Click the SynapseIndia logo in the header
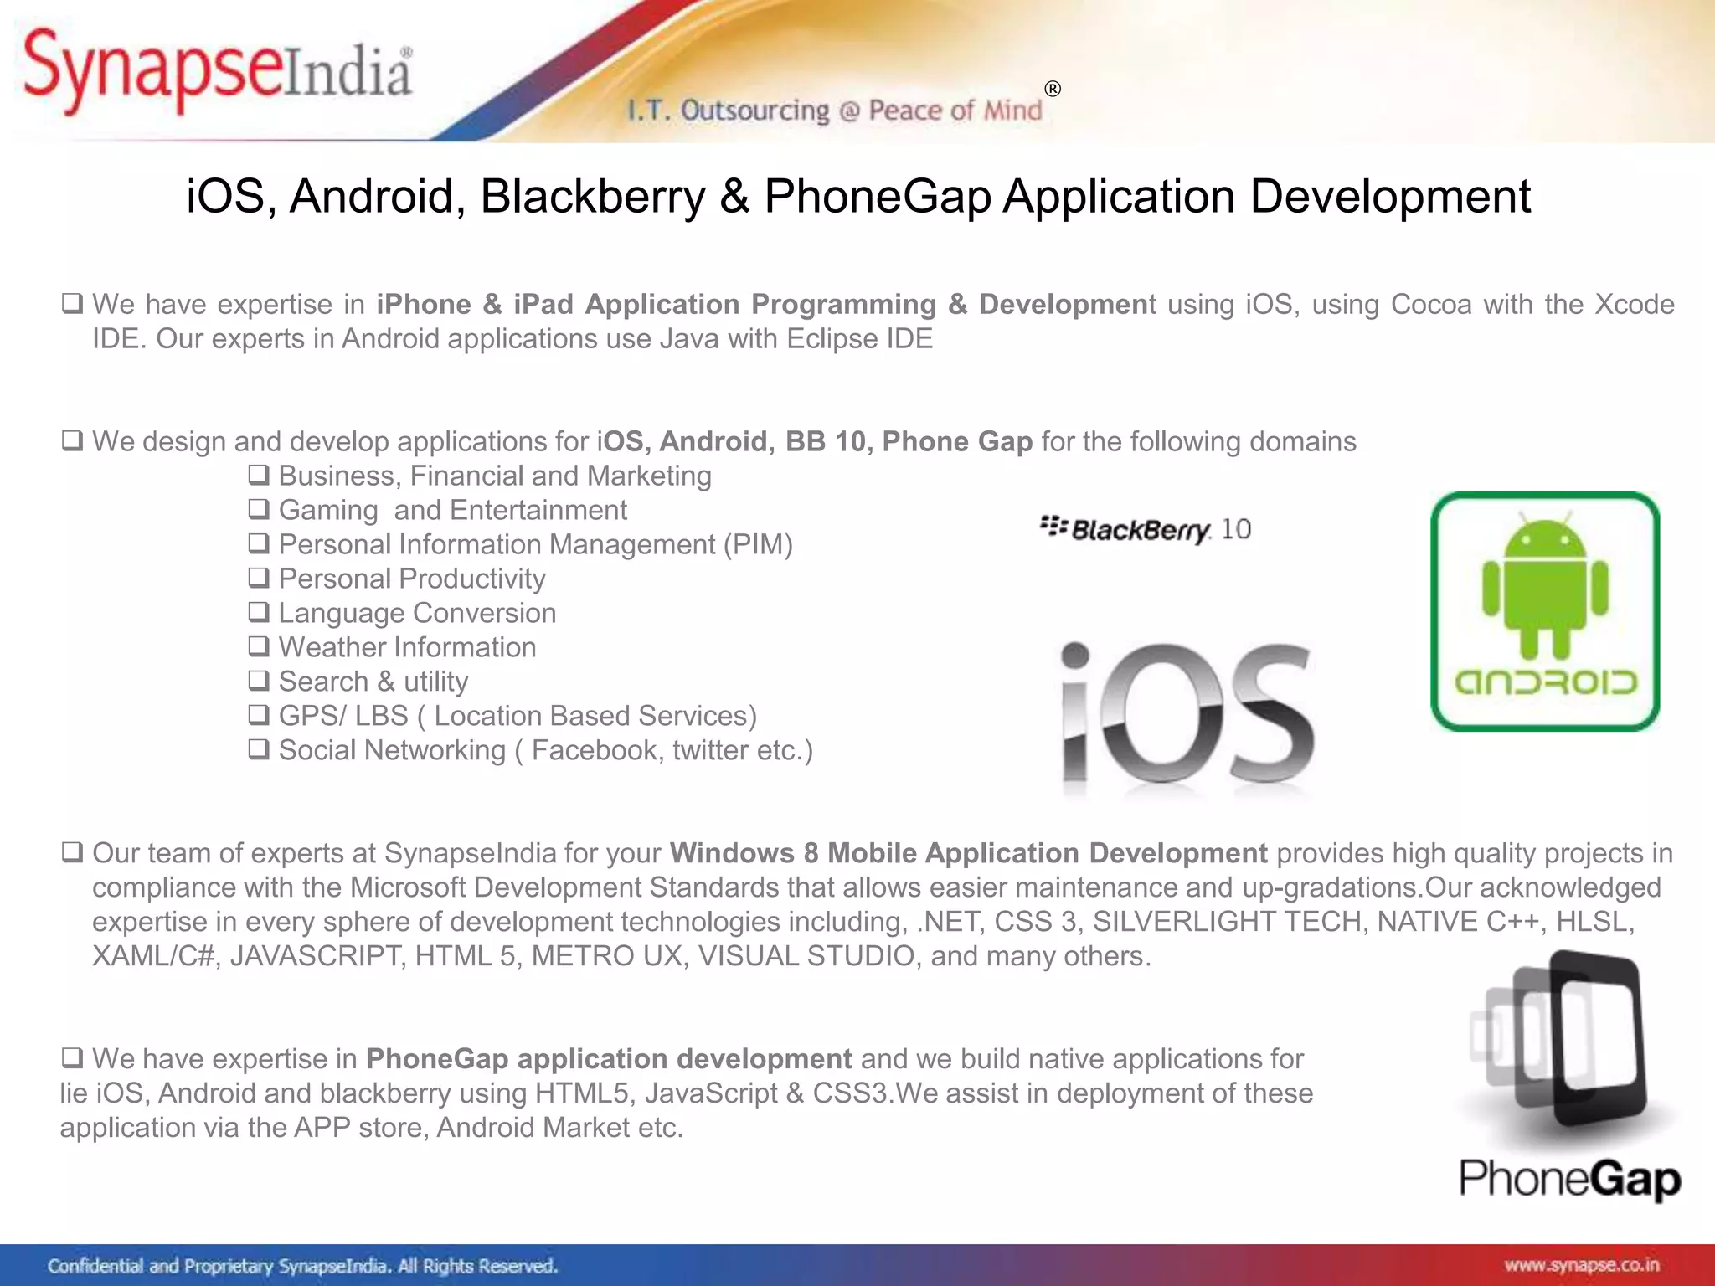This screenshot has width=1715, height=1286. point(218,71)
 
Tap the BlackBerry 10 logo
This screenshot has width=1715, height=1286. point(1145,529)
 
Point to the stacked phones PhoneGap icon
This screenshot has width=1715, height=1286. point(1558,1042)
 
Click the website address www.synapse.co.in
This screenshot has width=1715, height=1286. point(1581,1265)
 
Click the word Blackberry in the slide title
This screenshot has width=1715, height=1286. point(593,197)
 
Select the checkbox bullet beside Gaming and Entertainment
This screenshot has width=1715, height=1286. point(259,509)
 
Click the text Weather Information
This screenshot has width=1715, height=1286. point(407,647)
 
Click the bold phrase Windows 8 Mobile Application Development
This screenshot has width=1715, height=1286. point(968,853)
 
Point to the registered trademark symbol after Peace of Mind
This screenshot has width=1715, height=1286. point(1053,89)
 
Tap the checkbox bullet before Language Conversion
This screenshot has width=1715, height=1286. point(259,612)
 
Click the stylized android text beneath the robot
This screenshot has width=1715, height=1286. point(1545,682)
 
